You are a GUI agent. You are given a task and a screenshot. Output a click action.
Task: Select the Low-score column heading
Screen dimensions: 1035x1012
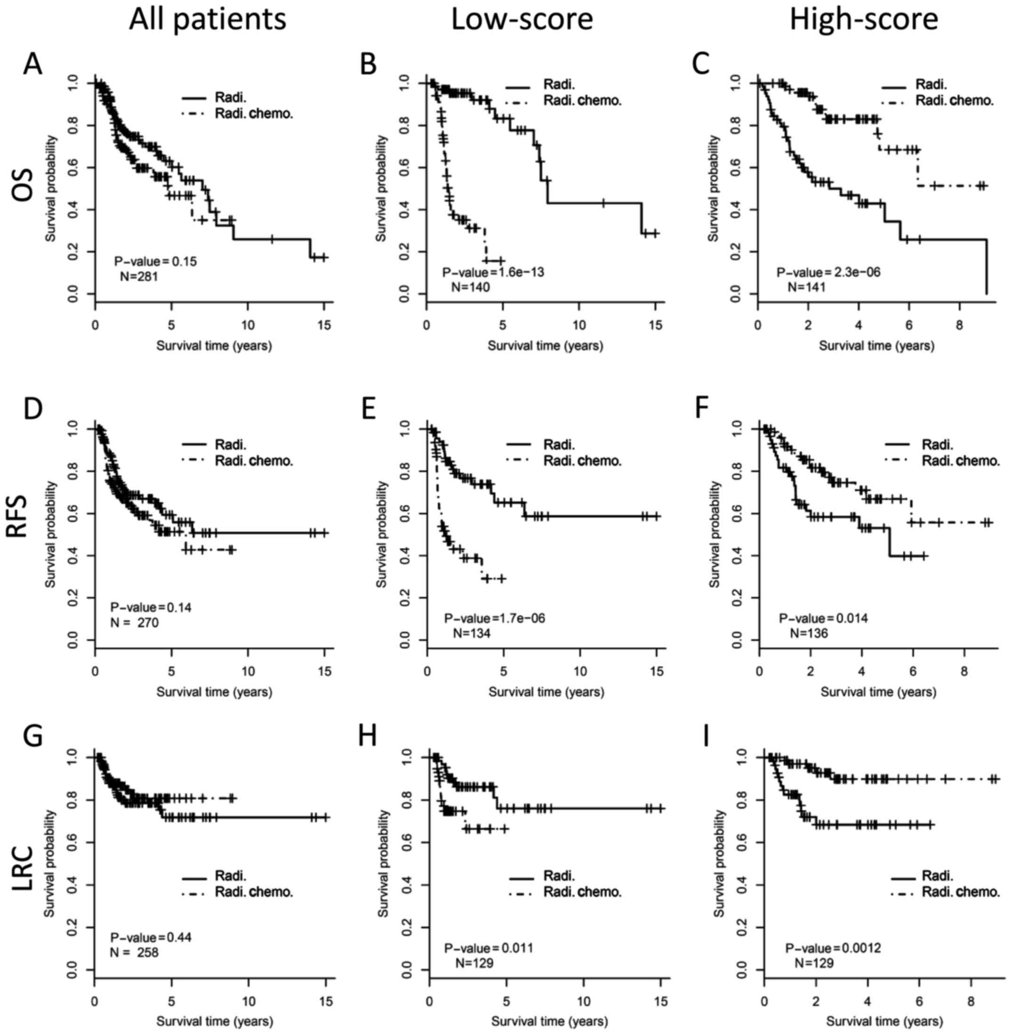click(x=522, y=20)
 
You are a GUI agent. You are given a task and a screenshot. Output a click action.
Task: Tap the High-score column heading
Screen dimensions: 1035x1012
click(x=864, y=20)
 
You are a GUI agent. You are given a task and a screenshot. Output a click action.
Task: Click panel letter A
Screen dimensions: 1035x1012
click(x=33, y=66)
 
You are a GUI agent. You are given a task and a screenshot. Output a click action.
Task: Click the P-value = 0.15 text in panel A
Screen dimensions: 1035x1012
click(x=148, y=262)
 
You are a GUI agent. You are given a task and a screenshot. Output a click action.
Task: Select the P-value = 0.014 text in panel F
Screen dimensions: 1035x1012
click(x=823, y=619)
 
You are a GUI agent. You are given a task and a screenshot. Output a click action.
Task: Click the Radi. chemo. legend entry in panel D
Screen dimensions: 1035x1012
click(x=254, y=460)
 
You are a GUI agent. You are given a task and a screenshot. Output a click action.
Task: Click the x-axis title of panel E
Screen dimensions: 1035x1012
click(x=546, y=692)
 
